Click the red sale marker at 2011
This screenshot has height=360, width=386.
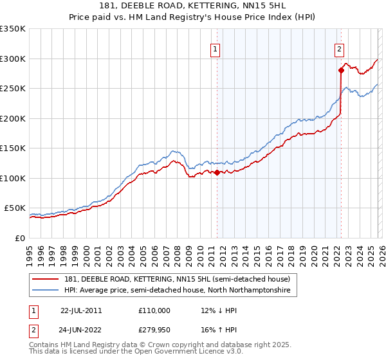(x=217, y=172)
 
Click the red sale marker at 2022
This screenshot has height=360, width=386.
(x=341, y=71)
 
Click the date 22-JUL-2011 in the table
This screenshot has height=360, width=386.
(x=80, y=310)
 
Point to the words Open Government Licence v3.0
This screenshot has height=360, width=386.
(x=187, y=352)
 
